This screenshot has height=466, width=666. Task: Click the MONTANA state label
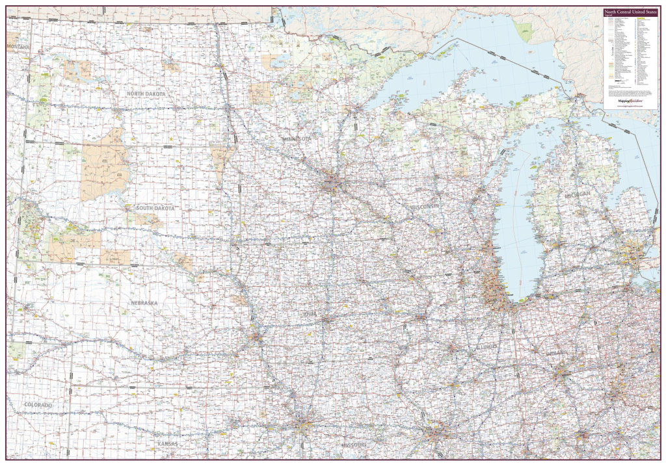pos(19,47)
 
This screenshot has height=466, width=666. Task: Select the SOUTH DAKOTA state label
pos(155,208)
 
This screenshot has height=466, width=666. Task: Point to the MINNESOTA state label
pos(297,139)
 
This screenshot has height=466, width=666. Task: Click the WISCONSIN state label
pos(425,206)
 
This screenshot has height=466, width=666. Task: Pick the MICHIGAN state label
pos(577,195)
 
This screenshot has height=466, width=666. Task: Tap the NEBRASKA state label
pos(144,303)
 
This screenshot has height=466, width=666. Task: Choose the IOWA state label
pos(309,314)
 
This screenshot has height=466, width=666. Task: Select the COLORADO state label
pos(38,405)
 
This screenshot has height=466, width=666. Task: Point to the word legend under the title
pos(609,17)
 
